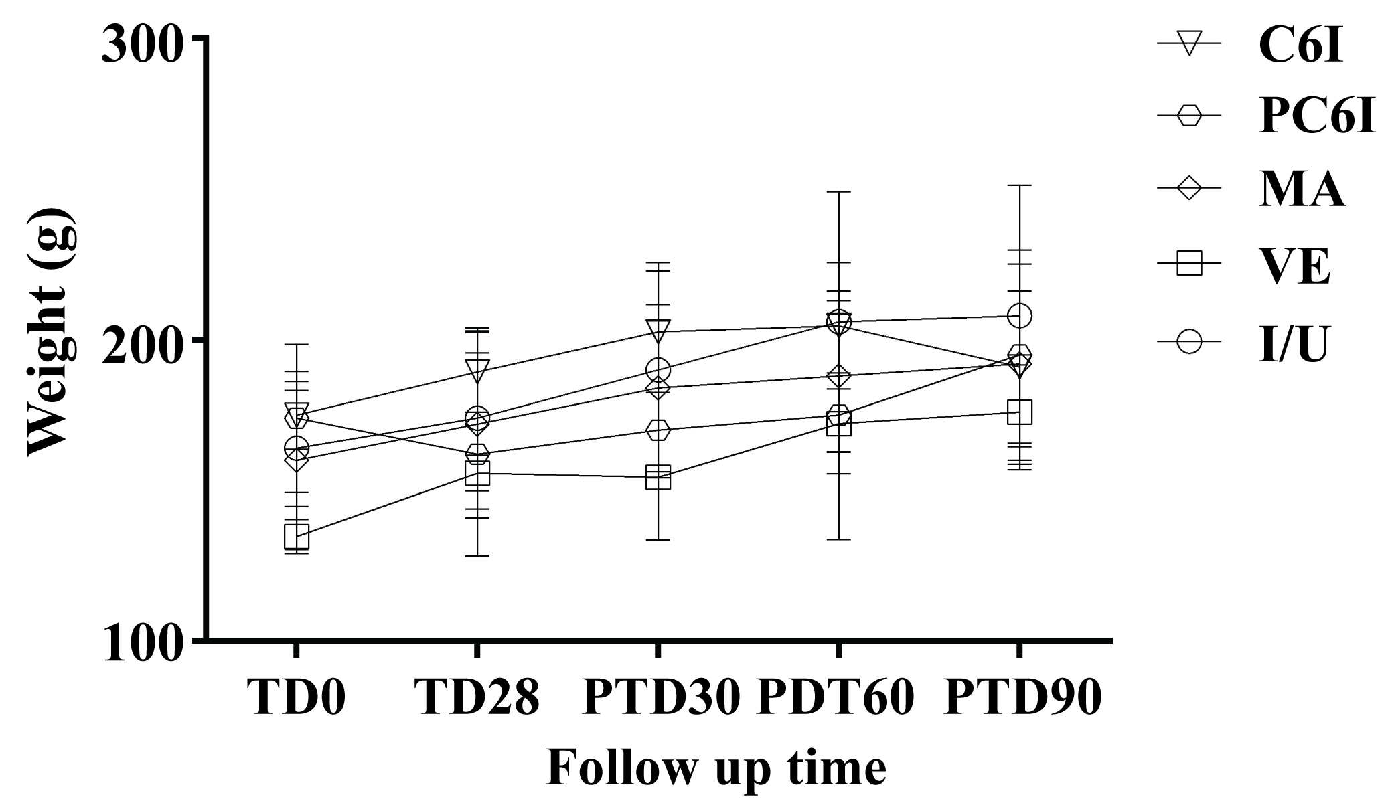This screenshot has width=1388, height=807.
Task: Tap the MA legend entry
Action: (1302, 190)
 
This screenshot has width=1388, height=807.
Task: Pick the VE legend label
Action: (1294, 266)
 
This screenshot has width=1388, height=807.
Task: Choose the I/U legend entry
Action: (1293, 343)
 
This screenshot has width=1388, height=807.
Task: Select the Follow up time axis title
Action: (716, 768)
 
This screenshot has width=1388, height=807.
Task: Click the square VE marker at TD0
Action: (296, 536)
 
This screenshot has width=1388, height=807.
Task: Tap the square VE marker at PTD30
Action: (658, 478)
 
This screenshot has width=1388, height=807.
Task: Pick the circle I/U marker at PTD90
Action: (1019, 315)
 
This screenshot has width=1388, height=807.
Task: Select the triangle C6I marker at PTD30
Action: (658, 330)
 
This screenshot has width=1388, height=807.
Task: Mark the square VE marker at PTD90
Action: (1019, 412)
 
